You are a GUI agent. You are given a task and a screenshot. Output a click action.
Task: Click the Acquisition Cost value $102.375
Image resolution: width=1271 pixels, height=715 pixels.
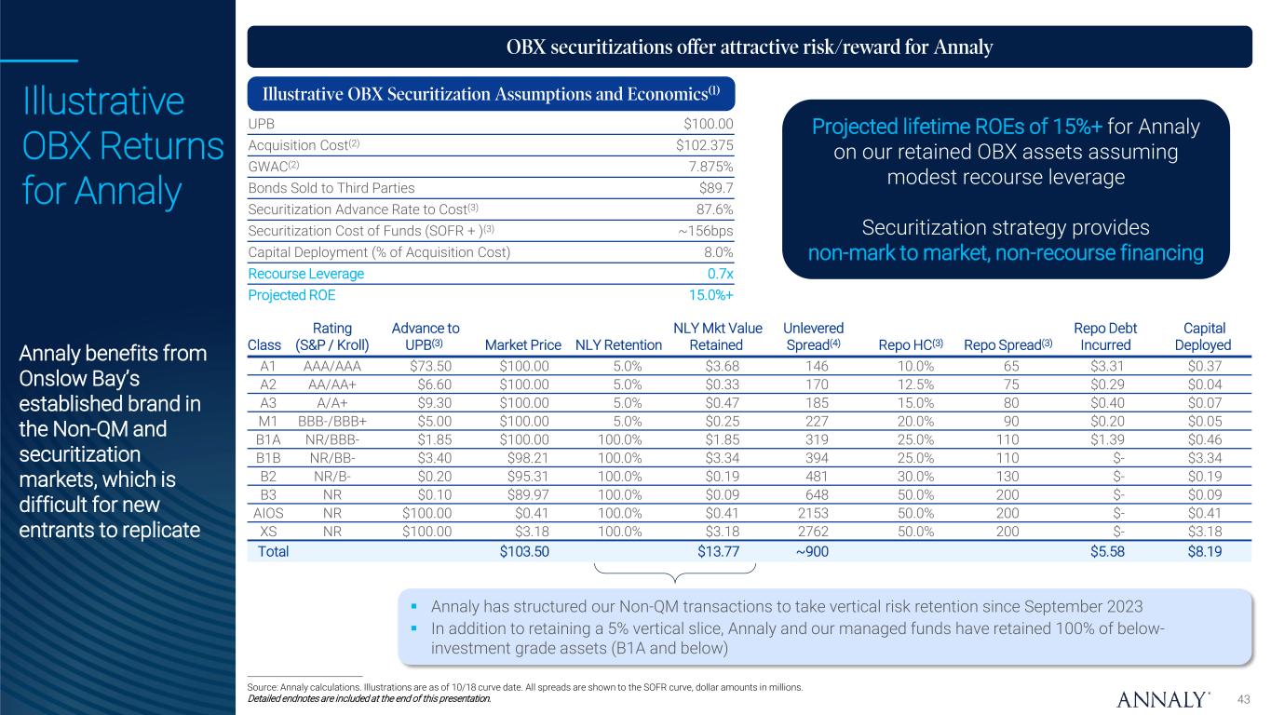(705, 145)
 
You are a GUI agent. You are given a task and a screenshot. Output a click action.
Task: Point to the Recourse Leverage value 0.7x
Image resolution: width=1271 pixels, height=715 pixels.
(720, 274)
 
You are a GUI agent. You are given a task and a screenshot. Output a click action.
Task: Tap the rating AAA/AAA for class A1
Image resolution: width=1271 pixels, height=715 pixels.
(331, 367)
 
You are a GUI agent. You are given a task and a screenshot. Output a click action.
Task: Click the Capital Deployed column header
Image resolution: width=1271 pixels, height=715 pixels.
(1203, 336)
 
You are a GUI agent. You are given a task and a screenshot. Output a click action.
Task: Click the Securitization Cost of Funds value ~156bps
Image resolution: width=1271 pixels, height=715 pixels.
(705, 231)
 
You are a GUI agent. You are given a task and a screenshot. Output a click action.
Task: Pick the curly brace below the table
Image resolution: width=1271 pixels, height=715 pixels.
(675, 570)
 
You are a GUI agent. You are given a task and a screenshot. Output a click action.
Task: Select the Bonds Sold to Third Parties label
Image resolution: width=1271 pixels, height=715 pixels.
(323, 188)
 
